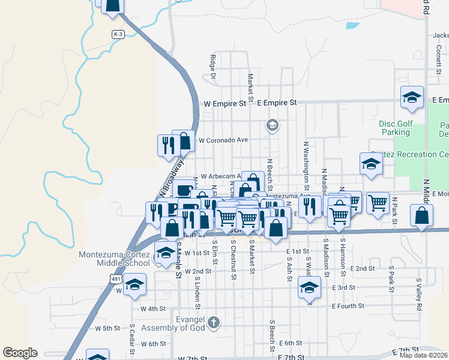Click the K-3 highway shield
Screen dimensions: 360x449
[118, 35]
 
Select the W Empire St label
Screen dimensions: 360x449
[225, 103]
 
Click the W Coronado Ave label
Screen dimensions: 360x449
[223, 140]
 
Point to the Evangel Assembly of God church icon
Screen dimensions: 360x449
[213, 324]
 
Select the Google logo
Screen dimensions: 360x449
[20, 353]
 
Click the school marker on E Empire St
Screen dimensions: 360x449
[412, 98]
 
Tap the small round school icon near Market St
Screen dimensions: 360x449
[272, 125]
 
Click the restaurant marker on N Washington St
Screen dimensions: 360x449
[309, 208]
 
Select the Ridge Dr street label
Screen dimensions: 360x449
[212, 61]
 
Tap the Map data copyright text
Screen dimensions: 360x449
[424, 355]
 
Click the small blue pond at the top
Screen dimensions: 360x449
[352, 26]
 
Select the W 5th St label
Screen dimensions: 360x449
[108, 329]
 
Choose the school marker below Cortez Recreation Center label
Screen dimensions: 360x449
[371, 164]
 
